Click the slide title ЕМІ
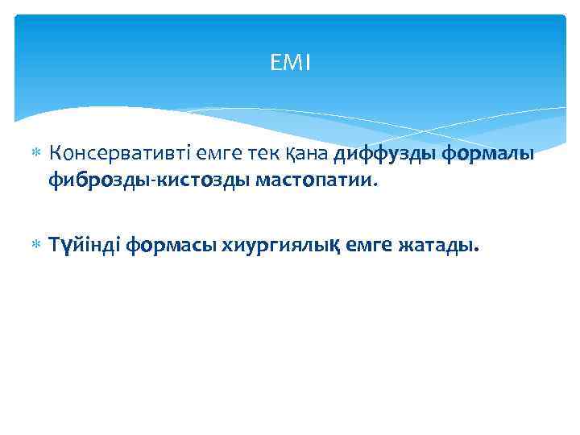(x=290, y=63)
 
